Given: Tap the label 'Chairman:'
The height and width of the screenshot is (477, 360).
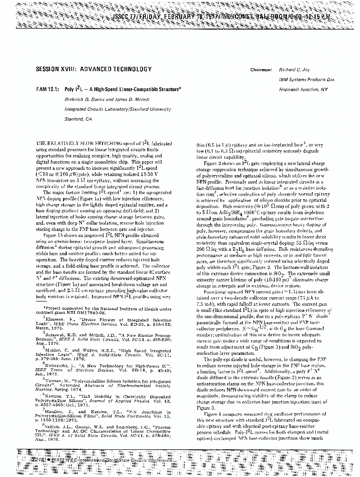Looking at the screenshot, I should click(261, 70).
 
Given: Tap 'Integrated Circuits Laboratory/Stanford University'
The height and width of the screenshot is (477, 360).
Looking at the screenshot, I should click(117, 109).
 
